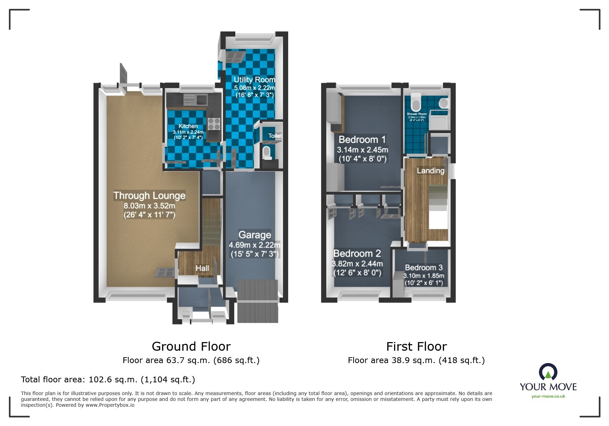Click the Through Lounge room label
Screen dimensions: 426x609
point(149,196)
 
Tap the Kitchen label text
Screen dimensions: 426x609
point(188,126)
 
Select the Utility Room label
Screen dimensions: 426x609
point(254,80)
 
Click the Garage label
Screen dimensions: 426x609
point(255,235)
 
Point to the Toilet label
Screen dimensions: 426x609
point(275,136)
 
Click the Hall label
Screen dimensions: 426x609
point(202,268)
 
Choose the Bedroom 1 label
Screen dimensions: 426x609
point(362,140)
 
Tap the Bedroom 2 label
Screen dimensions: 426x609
point(357,254)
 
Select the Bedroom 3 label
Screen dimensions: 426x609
point(424,267)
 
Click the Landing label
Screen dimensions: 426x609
point(430,171)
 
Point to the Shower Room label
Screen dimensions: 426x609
point(416,114)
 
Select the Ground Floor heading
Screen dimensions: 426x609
point(191,346)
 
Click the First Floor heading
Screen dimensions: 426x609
point(416,346)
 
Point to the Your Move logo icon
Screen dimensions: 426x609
point(548,372)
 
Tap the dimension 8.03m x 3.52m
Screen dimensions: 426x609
point(149,206)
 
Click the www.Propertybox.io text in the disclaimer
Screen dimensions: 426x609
point(110,405)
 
